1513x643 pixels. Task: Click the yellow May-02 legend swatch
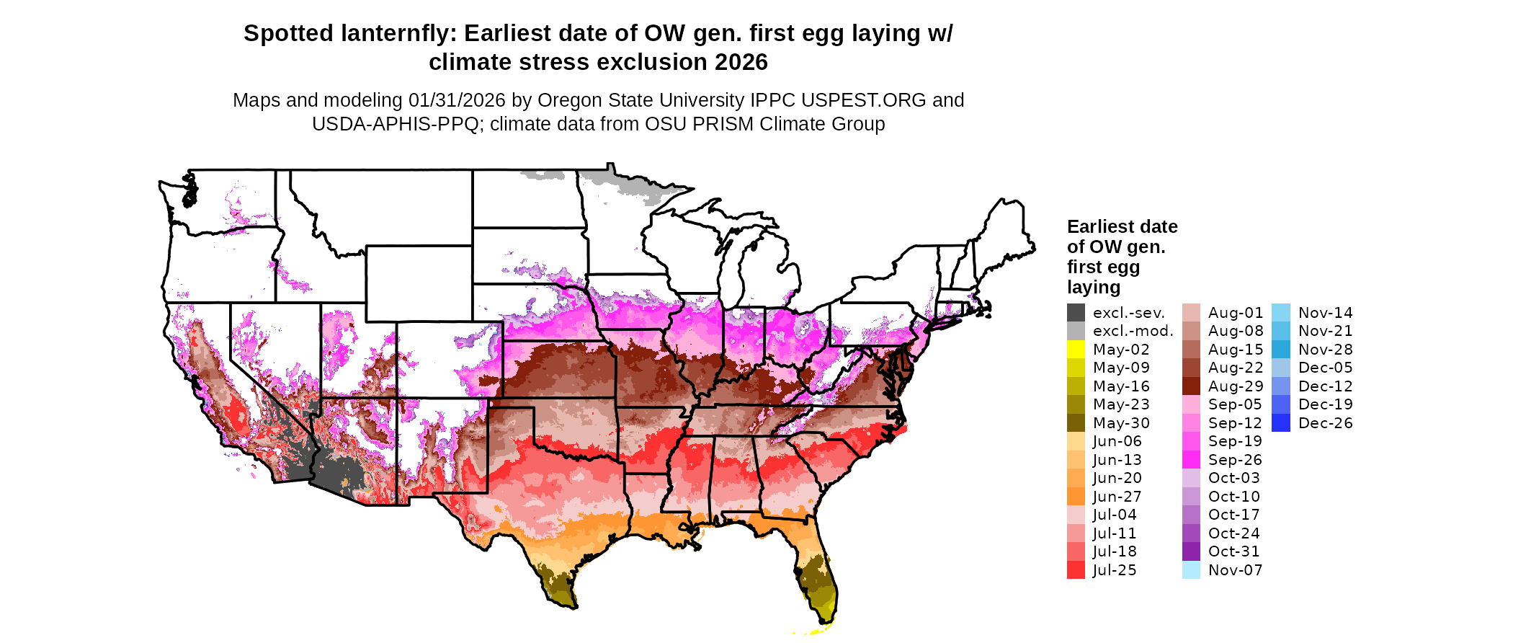click(x=1076, y=350)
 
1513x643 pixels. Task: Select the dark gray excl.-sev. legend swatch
click(x=1076, y=313)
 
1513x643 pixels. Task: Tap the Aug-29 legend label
click(x=1236, y=386)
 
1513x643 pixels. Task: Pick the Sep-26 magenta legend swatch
click(x=1192, y=460)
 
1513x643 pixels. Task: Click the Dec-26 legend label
click(x=1326, y=423)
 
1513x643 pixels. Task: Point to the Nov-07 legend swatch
click(x=1192, y=570)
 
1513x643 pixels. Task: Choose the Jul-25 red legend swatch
click(x=1076, y=570)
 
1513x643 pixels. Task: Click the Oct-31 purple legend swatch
click(x=1192, y=551)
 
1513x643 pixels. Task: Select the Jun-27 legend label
click(x=1117, y=497)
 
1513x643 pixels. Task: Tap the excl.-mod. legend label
click(x=1133, y=331)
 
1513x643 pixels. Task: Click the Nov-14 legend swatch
click(x=1281, y=313)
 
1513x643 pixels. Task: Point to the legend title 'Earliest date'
click(x=1122, y=227)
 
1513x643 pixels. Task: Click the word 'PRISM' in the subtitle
click(x=728, y=125)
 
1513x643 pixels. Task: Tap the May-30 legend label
click(x=1121, y=423)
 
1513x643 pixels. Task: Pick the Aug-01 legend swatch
click(x=1192, y=313)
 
